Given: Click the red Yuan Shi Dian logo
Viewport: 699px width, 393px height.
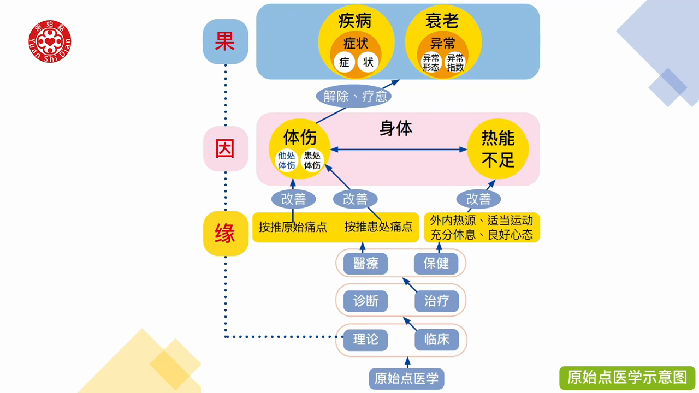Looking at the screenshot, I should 50,41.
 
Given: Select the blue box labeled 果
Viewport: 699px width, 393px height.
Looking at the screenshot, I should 225,41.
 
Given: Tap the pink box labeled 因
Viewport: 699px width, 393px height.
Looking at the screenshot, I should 225,148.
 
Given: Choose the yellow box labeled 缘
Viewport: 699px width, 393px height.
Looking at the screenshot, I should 225,234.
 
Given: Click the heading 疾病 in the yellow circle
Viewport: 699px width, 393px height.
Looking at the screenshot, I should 355,21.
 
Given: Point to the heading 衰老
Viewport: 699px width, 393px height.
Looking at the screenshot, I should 442,21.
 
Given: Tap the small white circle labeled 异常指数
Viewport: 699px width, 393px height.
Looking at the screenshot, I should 455,63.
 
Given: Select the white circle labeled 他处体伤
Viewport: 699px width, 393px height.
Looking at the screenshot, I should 287,160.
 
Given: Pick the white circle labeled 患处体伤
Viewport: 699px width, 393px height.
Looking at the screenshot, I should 312,160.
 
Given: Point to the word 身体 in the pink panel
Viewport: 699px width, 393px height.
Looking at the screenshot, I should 396,129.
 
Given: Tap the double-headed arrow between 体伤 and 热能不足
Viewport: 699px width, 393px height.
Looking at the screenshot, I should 398,150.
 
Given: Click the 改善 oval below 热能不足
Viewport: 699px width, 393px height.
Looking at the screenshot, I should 478,199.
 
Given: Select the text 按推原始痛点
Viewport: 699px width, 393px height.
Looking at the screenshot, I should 293,227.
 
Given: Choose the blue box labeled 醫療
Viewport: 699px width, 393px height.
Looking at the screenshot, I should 365,264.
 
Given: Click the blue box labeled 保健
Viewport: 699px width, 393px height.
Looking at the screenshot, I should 436,264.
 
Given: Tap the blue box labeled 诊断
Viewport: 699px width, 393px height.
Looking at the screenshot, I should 365,301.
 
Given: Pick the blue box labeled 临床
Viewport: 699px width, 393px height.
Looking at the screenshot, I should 436,339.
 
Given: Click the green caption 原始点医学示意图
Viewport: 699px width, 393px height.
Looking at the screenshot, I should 627,378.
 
